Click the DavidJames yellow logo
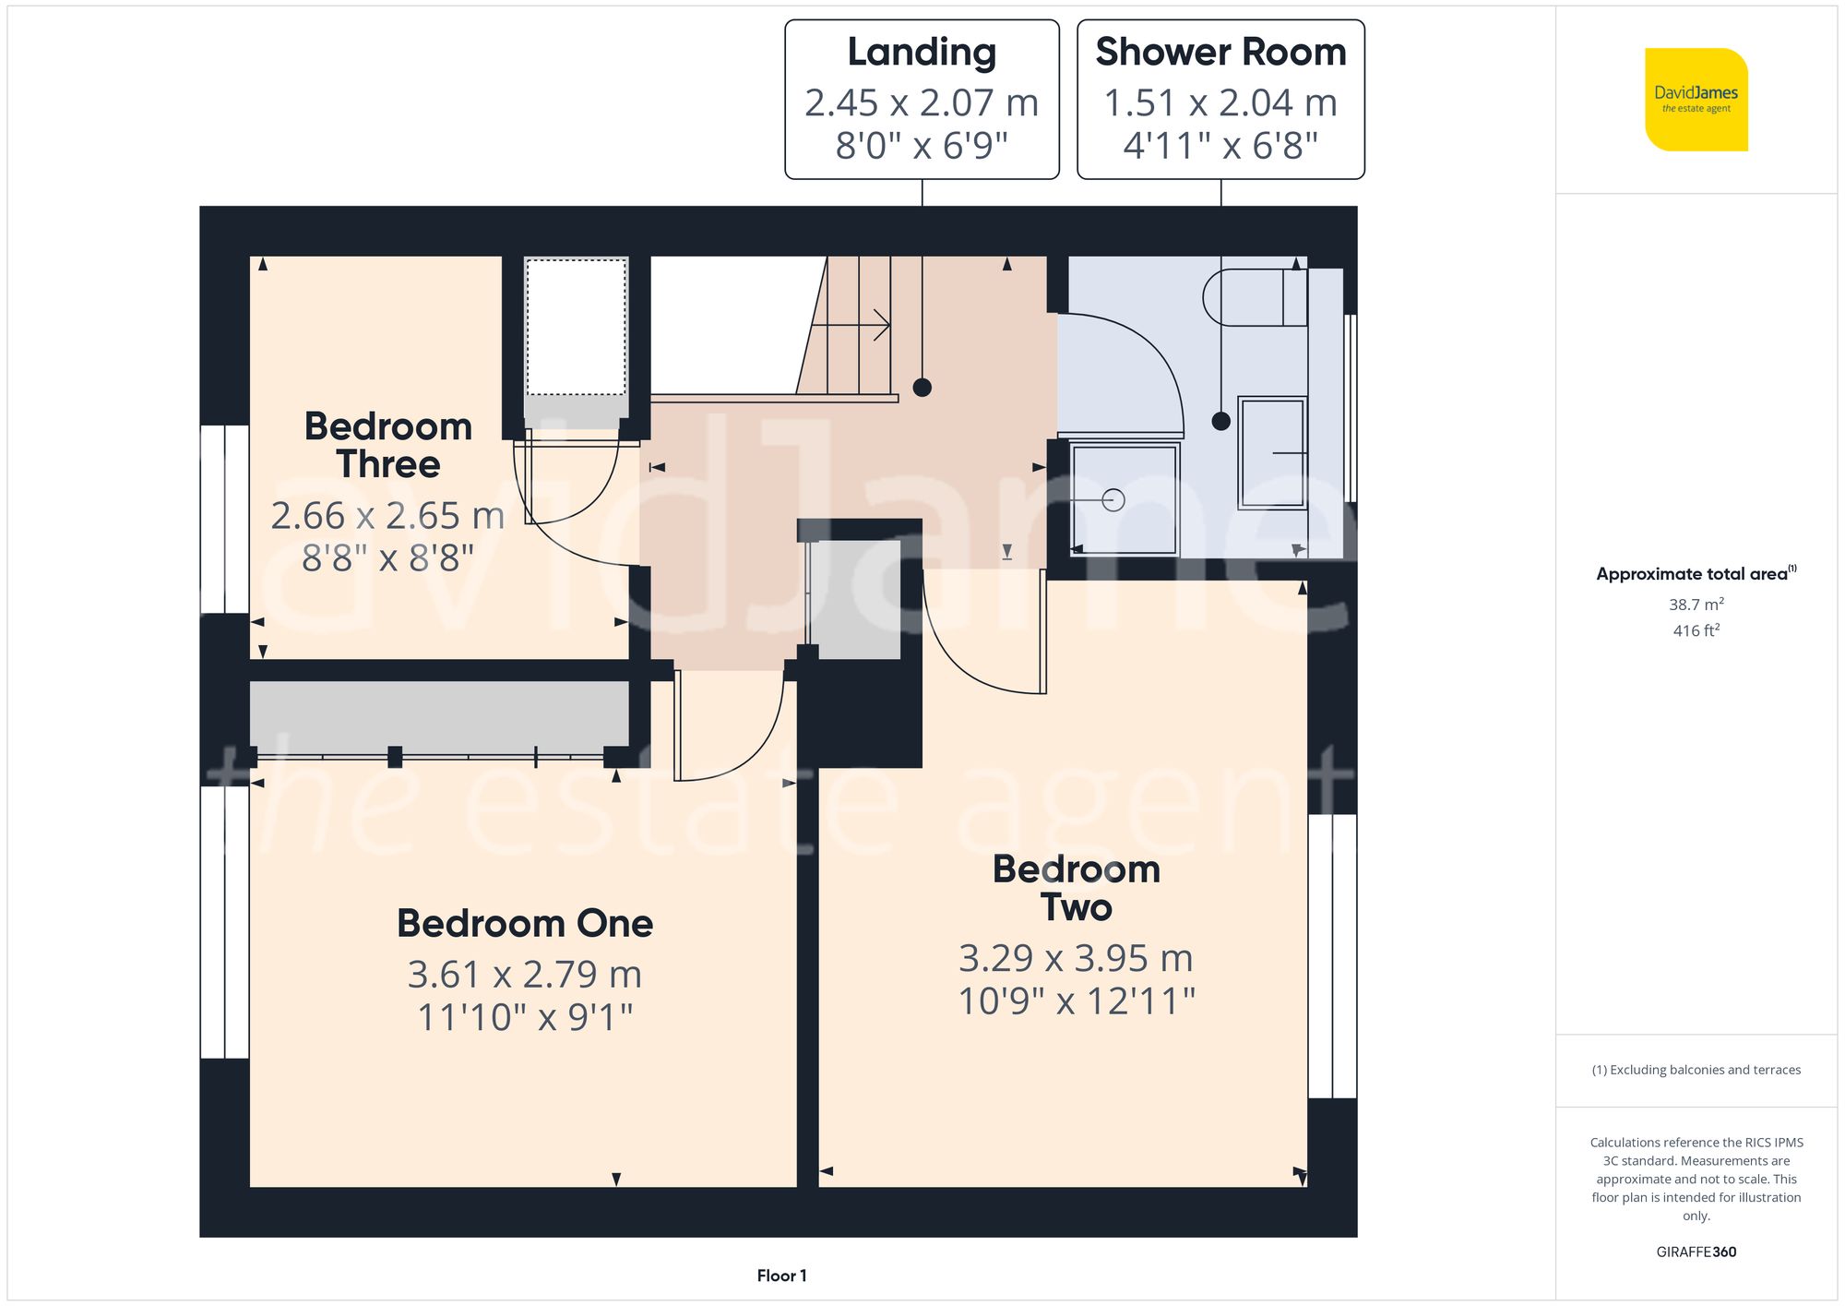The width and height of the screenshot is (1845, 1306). (x=1696, y=100)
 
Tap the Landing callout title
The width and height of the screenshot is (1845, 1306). (x=922, y=53)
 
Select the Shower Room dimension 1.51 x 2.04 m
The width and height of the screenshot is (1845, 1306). (x=1220, y=102)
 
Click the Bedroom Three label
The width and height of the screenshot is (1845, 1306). (x=388, y=445)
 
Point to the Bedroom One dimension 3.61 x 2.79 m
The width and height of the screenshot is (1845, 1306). (x=524, y=975)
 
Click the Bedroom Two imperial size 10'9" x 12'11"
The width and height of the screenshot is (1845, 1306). (x=1077, y=1001)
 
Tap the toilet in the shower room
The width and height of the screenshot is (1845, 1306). (x=1255, y=297)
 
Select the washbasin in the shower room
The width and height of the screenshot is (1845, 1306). (x=1272, y=452)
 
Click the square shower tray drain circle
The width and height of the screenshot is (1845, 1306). (x=1113, y=500)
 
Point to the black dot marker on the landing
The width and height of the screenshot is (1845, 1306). (x=922, y=388)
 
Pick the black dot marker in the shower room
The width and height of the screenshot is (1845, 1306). (x=1220, y=422)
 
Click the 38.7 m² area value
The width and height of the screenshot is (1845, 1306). (x=1696, y=605)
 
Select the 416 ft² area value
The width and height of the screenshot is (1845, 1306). (x=1696, y=630)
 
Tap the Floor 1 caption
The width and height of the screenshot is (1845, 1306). (x=781, y=1276)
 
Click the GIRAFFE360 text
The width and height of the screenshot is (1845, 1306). (x=1696, y=1252)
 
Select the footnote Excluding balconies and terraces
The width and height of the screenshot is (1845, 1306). (x=1696, y=1070)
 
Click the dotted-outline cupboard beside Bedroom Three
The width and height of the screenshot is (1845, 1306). (x=576, y=328)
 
